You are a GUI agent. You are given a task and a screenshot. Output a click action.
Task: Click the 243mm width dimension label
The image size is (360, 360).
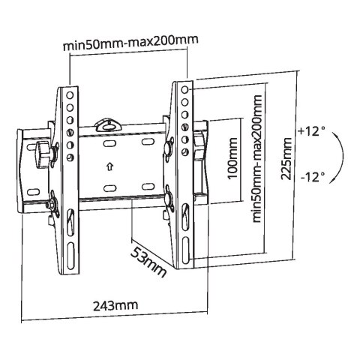coord(115,305)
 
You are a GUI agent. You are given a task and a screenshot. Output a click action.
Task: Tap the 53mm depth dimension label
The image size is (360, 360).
coord(148,262)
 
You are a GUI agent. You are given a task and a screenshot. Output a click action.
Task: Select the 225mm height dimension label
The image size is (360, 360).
coord(286,158)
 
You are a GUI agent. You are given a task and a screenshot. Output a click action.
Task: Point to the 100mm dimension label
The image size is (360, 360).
coord(232,158)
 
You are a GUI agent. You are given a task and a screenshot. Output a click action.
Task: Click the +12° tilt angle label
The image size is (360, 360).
coord(312,131)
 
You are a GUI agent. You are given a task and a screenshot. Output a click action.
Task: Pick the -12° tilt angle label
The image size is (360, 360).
coord(313,177)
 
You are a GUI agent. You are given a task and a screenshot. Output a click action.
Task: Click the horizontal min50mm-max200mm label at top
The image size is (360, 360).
coord(130,43)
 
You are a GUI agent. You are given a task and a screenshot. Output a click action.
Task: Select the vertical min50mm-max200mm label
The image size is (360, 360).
coord(257,158)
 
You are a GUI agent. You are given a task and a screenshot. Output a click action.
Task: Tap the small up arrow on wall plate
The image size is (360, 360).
coord(109,166)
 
